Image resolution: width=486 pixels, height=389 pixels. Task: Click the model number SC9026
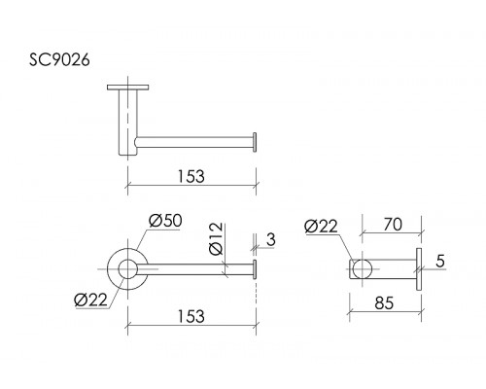point(59,60)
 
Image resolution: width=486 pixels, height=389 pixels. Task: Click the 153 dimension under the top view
point(191,177)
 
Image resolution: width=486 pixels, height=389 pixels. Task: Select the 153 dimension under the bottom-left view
point(191,316)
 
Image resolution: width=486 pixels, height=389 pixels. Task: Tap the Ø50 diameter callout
point(165,221)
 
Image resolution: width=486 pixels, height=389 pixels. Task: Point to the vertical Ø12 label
point(216,238)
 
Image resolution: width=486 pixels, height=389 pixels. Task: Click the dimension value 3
point(271,239)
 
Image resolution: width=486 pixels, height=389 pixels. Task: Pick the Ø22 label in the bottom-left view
point(90,300)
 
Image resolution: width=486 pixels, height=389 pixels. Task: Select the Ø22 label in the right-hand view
point(321,227)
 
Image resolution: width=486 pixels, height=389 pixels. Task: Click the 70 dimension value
point(393,225)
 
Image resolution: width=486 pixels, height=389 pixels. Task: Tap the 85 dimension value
point(384,303)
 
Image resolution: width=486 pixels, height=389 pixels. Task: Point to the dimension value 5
point(440,261)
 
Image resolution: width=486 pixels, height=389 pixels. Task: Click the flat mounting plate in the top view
point(128,88)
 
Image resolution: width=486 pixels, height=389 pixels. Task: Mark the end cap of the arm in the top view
point(255,142)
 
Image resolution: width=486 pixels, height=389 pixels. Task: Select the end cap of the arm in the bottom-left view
point(255,269)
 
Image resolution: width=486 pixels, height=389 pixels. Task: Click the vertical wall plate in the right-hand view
point(419,269)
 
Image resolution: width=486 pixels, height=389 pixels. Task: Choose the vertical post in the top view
point(128,123)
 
